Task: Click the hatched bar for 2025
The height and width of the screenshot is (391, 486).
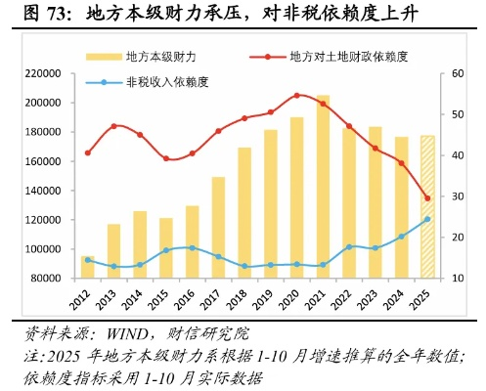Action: point(427,206)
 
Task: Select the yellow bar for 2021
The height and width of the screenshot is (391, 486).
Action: point(323,186)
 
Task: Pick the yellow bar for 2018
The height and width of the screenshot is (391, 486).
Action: point(244,212)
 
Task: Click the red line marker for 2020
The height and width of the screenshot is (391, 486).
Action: point(296,96)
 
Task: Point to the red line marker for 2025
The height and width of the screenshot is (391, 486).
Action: point(427,198)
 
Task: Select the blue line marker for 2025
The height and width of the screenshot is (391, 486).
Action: point(427,219)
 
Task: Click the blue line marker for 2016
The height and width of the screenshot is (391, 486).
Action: point(192,247)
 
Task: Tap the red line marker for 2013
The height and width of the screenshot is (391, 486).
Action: point(114,126)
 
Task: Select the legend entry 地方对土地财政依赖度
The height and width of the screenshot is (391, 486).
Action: point(342,58)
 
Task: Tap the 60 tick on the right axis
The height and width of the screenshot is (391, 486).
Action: point(453,74)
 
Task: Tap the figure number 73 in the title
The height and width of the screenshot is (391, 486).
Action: point(45,15)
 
